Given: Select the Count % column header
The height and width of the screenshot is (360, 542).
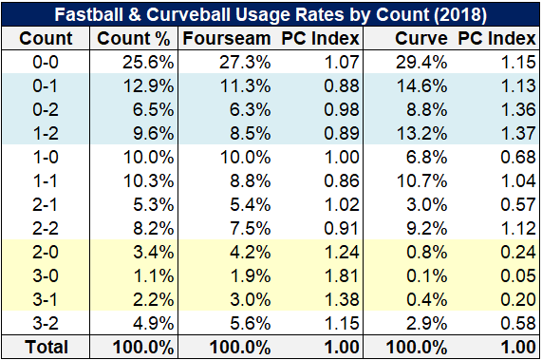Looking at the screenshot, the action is pos(134,38).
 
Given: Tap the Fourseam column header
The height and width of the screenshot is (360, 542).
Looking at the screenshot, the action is pos(227,38).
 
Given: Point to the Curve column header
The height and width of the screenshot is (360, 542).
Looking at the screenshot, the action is pos(421,38).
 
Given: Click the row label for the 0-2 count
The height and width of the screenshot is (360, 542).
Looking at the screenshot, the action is pos(46,109).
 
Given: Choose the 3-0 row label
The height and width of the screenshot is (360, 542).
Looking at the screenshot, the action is pos(46,275).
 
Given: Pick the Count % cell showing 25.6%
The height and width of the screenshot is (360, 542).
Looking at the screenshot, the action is pos(148,63).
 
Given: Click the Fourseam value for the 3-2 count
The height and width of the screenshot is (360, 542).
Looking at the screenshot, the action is pos(251,323).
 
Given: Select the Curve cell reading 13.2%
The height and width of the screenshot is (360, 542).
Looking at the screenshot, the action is pos(421,134).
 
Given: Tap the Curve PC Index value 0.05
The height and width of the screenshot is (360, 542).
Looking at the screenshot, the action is pos(518,275).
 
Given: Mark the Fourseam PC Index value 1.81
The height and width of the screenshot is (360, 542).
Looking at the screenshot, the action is pos(342,275).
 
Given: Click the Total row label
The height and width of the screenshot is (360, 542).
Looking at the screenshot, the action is pos(47,347).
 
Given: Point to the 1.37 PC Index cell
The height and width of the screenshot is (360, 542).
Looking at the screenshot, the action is pos(518,134).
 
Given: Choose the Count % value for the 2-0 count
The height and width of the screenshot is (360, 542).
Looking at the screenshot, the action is pos(154,252).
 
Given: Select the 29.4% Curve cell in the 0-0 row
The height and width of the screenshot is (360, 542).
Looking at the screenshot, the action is pos(421,63).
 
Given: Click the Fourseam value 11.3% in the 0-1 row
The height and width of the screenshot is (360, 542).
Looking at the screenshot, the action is pos(246,86).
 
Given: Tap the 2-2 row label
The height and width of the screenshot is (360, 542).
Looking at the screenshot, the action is pos(46,228).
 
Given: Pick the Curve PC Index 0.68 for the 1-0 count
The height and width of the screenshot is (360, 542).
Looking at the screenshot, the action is pos(518,158).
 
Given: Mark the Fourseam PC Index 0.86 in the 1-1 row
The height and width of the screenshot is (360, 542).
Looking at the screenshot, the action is pos(342,180).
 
